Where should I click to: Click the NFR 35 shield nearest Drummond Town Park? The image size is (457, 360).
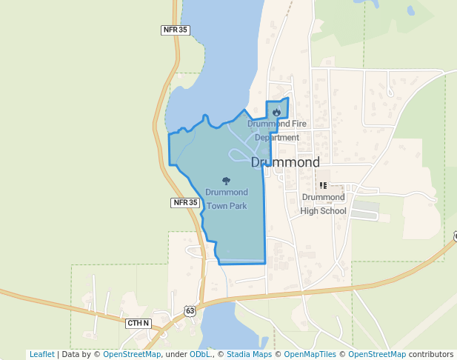click(x=185, y=202)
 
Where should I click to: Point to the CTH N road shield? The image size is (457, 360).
click(x=138, y=323)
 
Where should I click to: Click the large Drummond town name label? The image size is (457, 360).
click(x=285, y=162)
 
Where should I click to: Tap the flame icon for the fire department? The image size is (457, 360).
click(x=276, y=113)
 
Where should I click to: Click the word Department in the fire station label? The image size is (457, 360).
click(x=277, y=138)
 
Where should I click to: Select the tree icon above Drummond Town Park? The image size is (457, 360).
click(x=226, y=180)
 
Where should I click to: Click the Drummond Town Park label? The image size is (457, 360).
click(x=226, y=199)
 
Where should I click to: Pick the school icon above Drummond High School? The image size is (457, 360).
click(x=323, y=185)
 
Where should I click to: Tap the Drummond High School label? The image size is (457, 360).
click(x=324, y=204)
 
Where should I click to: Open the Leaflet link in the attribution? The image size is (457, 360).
click(x=41, y=354)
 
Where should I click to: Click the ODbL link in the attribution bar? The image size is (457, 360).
click(x=200, y=354)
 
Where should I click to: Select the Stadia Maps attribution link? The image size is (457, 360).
click(x=248, y=354)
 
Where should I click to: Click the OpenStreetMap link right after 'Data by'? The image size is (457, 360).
click(x=131, y=354)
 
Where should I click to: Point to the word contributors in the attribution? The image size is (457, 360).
click(x=431, y=354)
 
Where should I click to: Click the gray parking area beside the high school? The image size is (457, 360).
click(x=364, y=214)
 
